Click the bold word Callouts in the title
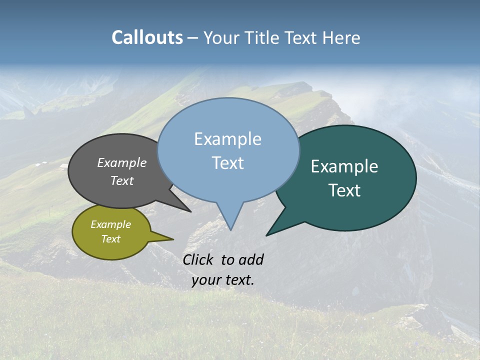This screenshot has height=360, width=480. tap(147, 37)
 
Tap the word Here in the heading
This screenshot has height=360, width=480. tap(342, 37)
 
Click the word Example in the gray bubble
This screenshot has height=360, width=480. tap(122, 163)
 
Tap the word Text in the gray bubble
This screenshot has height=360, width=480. tap(122, 181)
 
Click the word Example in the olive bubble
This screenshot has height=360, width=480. tap(110, 224)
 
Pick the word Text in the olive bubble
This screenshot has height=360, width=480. tap(110, 239)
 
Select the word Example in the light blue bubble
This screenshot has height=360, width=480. tap(227, 139)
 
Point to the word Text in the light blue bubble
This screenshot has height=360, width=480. tap(227, 163)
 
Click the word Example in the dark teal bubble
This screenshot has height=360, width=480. tap(344, 166)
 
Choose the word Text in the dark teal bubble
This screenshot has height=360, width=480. tap(344, 190)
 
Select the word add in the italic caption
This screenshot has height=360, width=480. tap(250, 259)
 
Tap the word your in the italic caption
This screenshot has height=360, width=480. tap(206, 280)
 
